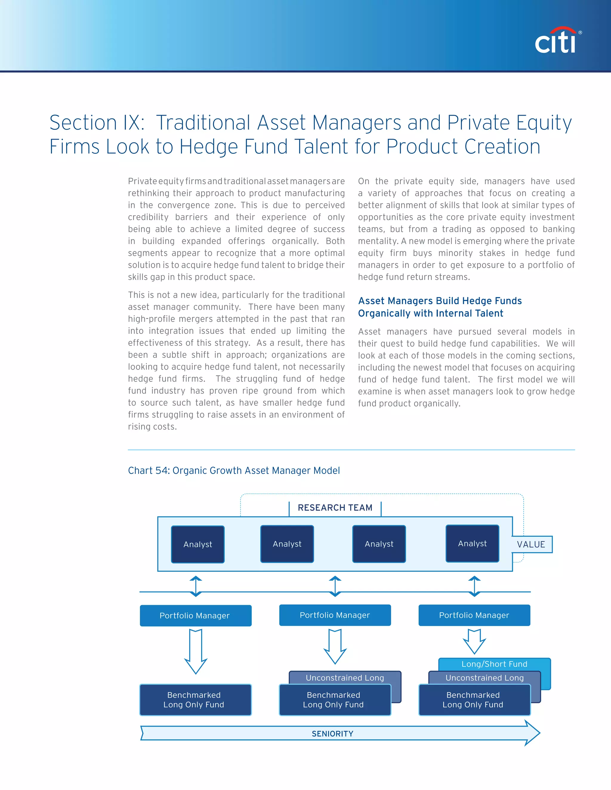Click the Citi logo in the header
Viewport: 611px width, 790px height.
click(556, 41)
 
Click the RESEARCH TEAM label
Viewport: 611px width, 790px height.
click(335, 507)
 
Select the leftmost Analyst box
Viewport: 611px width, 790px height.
click(198, 544)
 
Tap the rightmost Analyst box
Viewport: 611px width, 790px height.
click(472, 543)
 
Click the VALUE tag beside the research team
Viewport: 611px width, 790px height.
click(531, 544)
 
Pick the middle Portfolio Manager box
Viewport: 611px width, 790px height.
click(335, 615)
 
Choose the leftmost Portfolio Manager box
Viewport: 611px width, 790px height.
click(195, 615)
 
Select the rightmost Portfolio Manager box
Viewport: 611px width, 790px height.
click(474, 615)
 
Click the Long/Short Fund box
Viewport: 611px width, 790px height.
click(494, 664)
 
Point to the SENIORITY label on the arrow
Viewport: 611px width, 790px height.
click(333, 734)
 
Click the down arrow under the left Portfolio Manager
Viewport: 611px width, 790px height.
click(196, 651)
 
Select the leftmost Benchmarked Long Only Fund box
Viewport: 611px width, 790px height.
click(195, 700)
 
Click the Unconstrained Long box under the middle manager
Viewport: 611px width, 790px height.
click(345, 678)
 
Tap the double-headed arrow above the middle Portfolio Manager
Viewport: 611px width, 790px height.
click(335, 586)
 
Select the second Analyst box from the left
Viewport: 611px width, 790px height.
click(287, 544)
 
